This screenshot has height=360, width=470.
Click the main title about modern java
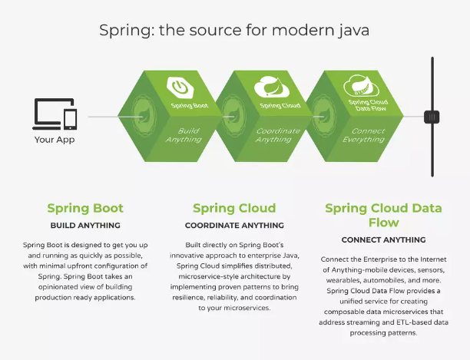point(234,31)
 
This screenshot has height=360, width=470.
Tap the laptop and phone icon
point(55,114)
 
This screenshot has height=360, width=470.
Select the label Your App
point(55,140)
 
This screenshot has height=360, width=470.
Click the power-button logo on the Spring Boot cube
point(180,88)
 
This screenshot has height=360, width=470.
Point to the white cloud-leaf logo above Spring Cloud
point(272,87)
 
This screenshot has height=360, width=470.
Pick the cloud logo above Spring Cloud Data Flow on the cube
point(361,86)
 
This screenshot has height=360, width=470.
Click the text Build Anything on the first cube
point(184,135)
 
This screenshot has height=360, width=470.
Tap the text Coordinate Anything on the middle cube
point(277,135)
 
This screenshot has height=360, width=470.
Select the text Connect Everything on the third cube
point(364,135)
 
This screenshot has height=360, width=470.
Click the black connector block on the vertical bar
point(432,117)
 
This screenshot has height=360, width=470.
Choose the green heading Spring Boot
point(85,209)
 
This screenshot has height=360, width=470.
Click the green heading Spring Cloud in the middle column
point(234,209)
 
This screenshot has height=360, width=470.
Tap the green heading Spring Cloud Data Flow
point(384,216)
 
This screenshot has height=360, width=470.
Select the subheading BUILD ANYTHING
point(85,226)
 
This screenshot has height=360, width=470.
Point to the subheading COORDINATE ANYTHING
point(234,226)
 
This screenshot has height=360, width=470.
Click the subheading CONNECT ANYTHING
point(384,240)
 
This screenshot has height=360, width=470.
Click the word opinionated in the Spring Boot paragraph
point(55,287)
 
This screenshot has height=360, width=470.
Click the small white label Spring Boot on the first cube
point(190,105)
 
